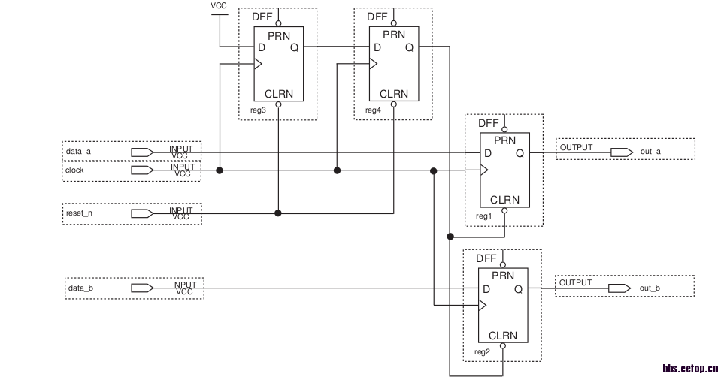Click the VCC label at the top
coord(219,5)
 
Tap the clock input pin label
coord(75,170)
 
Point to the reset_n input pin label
coord(78,213)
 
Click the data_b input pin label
coord(80,288)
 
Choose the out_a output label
coord(650,152)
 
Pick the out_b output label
coord(650,288)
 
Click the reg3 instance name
coord(258,110)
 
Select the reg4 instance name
coord(373,110)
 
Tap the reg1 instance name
coord(483,216)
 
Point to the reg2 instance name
coord(482,351)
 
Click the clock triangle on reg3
coord(257,65)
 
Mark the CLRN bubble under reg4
coord(393,104)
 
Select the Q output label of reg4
coord(409,47)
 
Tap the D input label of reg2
coord(486,289)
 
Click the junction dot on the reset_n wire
coord(278,213)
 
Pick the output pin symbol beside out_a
coord(621,152)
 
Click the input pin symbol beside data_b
coord(141,288)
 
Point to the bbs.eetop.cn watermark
coord(690,368)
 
